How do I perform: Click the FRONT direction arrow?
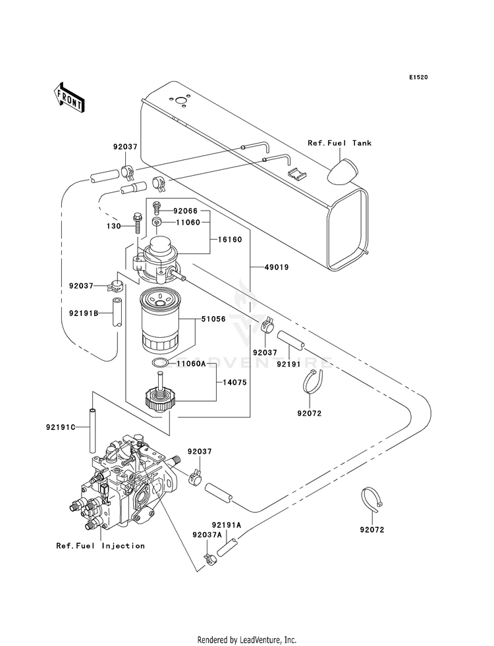pyautogui.click(x=69, y=97)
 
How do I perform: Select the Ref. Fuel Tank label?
pyautogui.click(x=339, y=143)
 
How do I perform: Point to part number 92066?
pyautogui.click(x=185, y=211)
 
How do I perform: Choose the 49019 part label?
pyautogui.click(x=277, y=267)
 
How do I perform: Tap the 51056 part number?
pyautogui.click(x=213, y=319)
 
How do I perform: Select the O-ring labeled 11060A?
pyautogui.click(x=160, y=363)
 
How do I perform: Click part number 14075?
pyautogui.click(x=234, y=383)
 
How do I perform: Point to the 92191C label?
pyautogui.click(x=61, y=427)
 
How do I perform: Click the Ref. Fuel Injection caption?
pyautogui.click(x=101, y=545)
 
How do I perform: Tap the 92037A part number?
pyautogui.click(x=207, y=534)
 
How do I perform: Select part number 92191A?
pyautogui.click(x=227, y=525)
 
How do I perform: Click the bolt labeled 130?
pyautogui.click(x=137, y=224)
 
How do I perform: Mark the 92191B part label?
pyautogui.click(x=84, y=313)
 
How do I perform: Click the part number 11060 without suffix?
pyautogui.click(x=188, y=223)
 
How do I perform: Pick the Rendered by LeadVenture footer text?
pyautogui.click(x=247, y=640)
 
